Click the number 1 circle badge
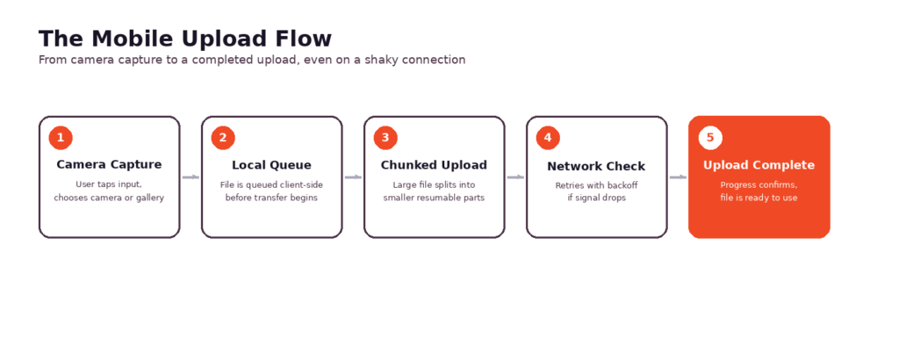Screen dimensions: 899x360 61,138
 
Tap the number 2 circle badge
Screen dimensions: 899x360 223,138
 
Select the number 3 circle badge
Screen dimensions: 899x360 385,138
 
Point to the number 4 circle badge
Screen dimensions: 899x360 548,138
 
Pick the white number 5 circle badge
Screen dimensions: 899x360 710,138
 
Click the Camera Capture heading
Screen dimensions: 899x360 109,165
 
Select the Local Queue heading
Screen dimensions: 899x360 272,165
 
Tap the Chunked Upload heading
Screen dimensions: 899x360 434,165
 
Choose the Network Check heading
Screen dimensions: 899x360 596,166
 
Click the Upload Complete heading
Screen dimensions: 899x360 759,165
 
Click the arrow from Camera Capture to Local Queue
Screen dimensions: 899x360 191,177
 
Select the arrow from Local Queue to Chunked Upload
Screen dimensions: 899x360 353,177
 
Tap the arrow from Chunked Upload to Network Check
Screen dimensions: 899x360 515,177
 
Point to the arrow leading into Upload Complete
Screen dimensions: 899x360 679,177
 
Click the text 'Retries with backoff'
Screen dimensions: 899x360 596,186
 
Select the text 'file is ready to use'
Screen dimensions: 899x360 759,198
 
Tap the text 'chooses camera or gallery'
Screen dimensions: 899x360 109,198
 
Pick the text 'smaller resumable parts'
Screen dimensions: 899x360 434,198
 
